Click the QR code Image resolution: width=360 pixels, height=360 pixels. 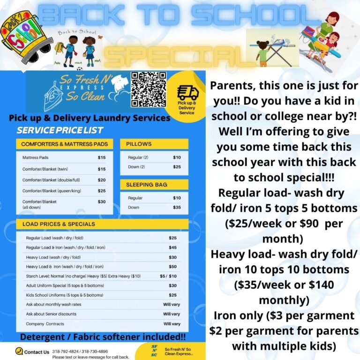click(148, 90)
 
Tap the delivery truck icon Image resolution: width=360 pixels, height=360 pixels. click(187, 92)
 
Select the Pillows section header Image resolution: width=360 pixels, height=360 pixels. click(139, 144)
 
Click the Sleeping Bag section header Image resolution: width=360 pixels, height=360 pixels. click(146, 185)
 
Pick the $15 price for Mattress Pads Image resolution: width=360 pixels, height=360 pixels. click(102, 157)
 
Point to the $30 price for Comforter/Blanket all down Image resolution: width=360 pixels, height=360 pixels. click(102, 202)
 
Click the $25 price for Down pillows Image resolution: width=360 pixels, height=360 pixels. click(177, 167)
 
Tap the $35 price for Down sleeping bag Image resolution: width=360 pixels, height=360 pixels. click(177, 207)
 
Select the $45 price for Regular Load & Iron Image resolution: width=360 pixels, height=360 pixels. click(172, 247)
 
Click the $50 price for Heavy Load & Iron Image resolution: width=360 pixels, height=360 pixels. click(172, 266)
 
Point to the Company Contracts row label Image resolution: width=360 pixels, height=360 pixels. click(45, 324)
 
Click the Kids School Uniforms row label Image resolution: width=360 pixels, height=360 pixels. click(64, 295)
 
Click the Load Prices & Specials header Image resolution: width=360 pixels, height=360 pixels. click(59, 224)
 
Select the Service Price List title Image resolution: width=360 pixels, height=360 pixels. click(60, 130)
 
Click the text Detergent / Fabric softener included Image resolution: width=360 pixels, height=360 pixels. click(103, 337)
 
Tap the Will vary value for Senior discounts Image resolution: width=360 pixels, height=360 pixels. click(171, 314)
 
